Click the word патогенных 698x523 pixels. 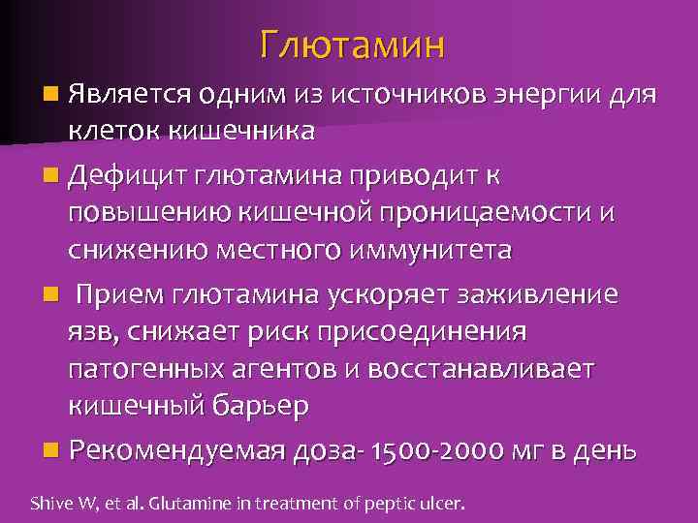145,369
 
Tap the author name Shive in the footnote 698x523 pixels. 46,503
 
